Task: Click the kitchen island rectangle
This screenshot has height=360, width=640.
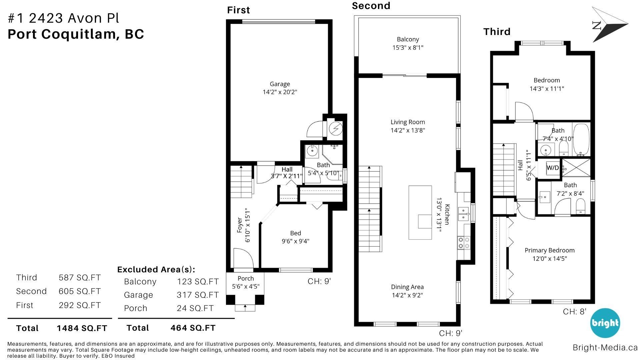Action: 420,212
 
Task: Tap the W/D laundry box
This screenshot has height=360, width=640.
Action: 553,168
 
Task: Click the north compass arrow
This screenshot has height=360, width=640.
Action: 610,25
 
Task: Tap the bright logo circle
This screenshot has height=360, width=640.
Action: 605,323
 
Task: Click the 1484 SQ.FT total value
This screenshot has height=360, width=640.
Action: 82,328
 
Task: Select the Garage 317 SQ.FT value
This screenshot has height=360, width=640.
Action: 198,295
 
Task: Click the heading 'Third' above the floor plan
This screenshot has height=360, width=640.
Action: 497,32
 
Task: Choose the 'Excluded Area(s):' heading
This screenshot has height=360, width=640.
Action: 156,269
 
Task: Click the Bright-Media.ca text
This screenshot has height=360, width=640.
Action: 605,347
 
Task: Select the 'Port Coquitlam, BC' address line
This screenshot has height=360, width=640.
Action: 76,34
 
